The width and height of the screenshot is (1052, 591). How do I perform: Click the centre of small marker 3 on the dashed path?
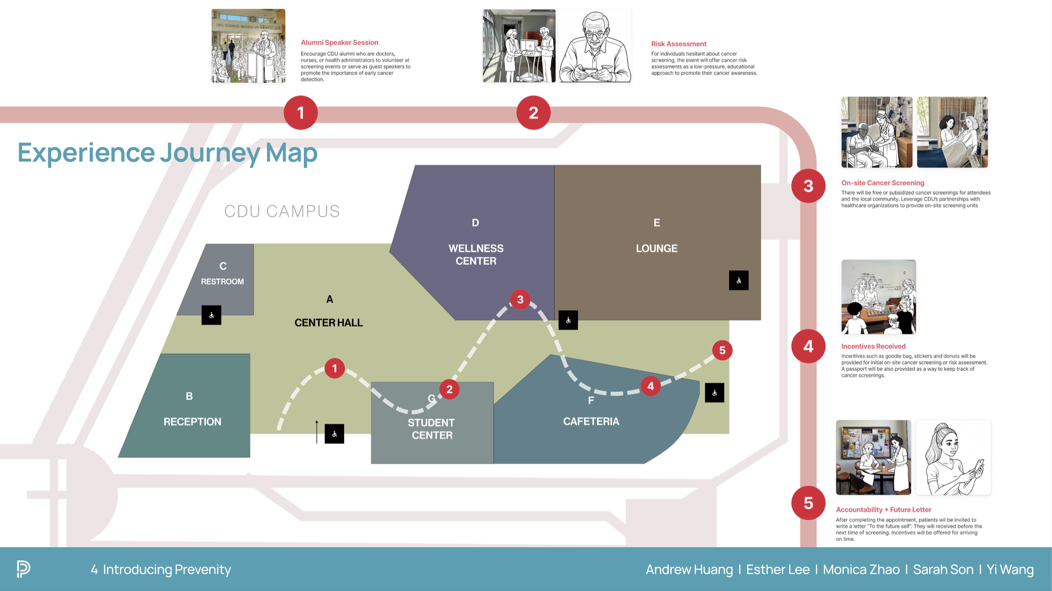[x=520, y=299]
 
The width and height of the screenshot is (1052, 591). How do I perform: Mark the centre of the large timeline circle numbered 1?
[x=301, y=113]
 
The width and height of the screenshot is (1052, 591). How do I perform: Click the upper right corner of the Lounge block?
[x=761, y=166]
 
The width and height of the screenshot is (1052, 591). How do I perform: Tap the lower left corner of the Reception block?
[x=118, y=457]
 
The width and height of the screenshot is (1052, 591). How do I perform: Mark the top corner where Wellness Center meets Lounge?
[x=554, y=166]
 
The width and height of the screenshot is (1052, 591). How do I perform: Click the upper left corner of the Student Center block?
[x=371, y=382]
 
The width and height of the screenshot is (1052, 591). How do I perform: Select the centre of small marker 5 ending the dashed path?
[x=722, y=350]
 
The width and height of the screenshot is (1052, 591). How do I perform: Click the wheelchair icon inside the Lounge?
[x=739, y=281]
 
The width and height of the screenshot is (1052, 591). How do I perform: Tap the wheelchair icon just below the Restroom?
[x=211, y=315]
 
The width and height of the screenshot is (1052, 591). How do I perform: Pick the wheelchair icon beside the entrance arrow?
[x=334, y=434]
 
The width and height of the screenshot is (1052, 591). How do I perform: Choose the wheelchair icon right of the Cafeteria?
[x=714, y=393]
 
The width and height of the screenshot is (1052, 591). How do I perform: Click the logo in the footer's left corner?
[x=23, y=569]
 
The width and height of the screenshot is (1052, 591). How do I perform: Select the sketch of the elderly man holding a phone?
[x=595, y=46]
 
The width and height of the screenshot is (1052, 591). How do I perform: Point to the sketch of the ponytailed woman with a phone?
[x=954, y=458]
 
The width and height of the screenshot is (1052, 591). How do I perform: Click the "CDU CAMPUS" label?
[x=282, y=211]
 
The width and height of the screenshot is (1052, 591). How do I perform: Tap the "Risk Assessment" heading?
[x=679, y=44]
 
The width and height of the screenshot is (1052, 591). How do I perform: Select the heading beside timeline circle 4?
[x=873, y=347]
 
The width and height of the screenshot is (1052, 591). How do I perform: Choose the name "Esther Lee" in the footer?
[x=778, y=570]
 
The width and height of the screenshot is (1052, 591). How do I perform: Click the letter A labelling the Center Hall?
[x=330, y=299]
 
